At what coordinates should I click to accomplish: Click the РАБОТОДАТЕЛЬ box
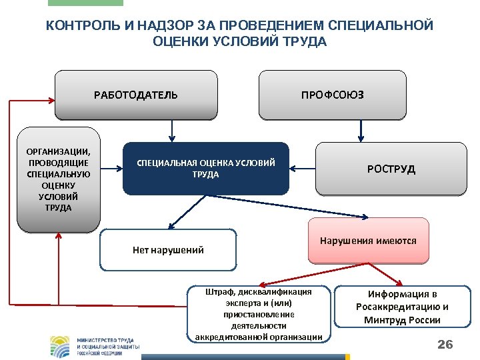point(136,95)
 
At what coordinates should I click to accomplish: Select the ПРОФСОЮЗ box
point(333,95)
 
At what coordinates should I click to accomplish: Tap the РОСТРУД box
point(391,169)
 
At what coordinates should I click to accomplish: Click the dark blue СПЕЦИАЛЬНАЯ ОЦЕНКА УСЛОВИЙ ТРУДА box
point(206,169)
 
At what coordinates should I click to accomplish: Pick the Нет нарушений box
point(168,250)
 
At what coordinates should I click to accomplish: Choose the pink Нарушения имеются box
point(368,241)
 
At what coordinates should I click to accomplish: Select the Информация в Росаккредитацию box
point(402,307)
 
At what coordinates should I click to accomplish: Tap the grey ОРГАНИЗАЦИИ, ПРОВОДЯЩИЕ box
point(59,179)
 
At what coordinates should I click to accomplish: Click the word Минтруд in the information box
point(385,320)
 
